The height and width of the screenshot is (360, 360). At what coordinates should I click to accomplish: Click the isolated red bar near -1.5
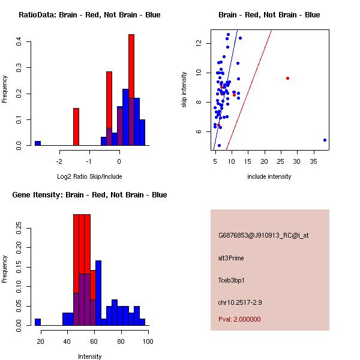(x=76, y=127)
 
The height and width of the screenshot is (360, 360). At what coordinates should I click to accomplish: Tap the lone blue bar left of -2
(x=38, y=143)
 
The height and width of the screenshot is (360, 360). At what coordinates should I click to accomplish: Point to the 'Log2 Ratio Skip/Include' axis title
(x=89, y=176)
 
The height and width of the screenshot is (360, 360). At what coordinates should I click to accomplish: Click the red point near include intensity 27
(x=288, y=78)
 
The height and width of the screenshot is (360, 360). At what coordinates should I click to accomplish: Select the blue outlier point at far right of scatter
(x=325, y=140)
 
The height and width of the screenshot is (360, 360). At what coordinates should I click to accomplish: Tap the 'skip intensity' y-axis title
(x=186, y=90)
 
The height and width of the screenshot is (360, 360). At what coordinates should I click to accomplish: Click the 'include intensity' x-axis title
(x=269, y=176)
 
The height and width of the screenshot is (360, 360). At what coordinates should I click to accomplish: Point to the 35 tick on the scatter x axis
(x=313, y=162)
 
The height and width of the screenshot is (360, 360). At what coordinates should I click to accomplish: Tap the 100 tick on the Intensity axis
(x=148, y=341)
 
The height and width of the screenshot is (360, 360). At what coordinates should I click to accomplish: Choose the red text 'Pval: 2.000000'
(x=239, y=319)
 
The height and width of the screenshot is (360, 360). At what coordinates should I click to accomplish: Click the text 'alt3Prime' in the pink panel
(x=231, y=259)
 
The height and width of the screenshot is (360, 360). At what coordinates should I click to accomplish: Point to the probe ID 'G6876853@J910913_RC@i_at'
(x=263, y=236)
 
